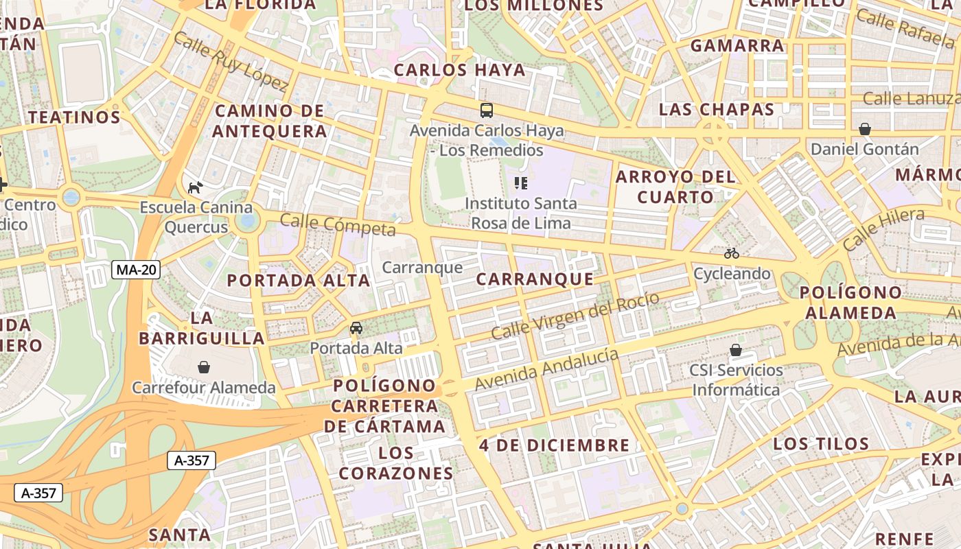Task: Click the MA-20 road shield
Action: [136, 270]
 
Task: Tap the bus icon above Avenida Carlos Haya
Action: [486, 110]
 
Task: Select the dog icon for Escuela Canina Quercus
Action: [196, 187]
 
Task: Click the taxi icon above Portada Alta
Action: [356, 328]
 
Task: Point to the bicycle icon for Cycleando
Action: [732, 253]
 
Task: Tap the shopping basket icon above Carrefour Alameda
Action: [204, 367]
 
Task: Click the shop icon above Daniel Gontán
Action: [865, 129]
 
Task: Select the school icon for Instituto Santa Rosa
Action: [520, 183]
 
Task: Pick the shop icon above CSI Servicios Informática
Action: [736, 350]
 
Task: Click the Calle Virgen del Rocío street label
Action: [575, 316]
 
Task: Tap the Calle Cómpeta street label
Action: [338, 224]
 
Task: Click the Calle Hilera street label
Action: [883, 229]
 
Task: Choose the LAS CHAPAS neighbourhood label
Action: [717, 109]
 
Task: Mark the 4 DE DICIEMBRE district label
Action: [555, 445]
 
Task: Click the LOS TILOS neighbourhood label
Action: [821, 443]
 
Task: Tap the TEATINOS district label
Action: [74, 117]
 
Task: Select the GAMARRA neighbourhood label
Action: [737, 46]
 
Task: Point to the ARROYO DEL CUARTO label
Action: [665, 187]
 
